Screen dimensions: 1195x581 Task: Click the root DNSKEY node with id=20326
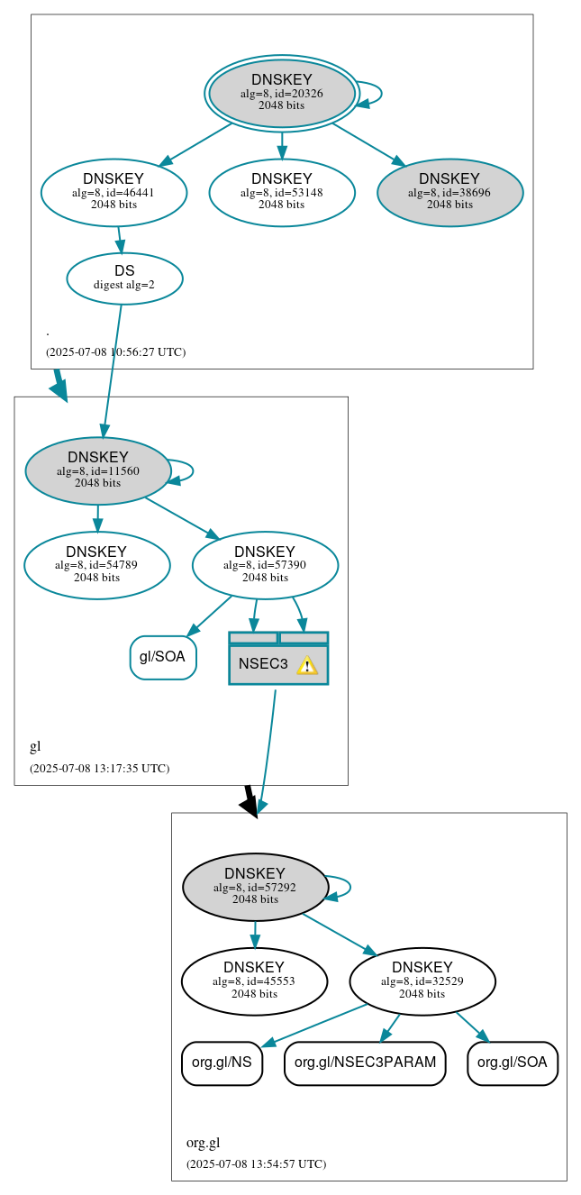pos(282,93)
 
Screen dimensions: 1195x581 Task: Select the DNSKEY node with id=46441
pos(113,192)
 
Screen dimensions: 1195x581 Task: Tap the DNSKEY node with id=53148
pos(282,192)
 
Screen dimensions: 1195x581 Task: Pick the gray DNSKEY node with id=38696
pos(449,192)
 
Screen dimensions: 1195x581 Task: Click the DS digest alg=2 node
pos(124,278)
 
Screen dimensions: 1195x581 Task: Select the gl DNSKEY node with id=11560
pos(98,470)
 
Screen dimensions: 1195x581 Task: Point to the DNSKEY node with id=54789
pos(96,565)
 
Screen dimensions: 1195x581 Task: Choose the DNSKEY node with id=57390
pos(265,565)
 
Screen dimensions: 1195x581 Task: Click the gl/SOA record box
pos(163,657)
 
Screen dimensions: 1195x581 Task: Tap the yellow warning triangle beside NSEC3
pos(307,665)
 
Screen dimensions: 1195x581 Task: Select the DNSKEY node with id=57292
pos(255,887)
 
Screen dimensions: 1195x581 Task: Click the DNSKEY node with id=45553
pos(254,981)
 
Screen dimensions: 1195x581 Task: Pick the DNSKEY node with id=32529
pos(422,981)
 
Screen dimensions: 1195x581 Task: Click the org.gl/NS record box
pos(222,1063)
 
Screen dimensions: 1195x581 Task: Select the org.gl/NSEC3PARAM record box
pos(365,1063)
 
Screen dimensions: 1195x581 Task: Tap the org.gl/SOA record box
pos(513,1063)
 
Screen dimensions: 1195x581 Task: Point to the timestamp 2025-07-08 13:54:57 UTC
pos(256,1163)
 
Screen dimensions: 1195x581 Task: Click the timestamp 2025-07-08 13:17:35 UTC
pos(99,769)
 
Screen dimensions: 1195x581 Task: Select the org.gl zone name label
pos(203,1143)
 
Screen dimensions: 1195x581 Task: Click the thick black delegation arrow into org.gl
pos(251,801)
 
